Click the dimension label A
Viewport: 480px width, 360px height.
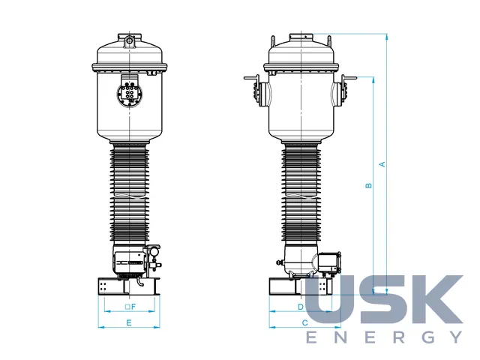pyautogui.click(x=382, y=164)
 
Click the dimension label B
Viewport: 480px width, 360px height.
pyautogui.click(x=369, y=185)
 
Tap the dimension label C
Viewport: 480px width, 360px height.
pyautogui.click(x=305, y=322)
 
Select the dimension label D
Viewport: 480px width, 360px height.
pyautogui.click(x=301, y=307)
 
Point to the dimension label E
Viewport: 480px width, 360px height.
pyautogui.click(x=129, y=322)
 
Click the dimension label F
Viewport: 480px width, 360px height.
pyautogui.click(x=133, y=307)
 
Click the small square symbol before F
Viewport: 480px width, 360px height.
pyautogui.click(x=127, y=307)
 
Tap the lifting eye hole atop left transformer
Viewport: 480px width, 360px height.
pyautogui.click(x=130, y=40)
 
